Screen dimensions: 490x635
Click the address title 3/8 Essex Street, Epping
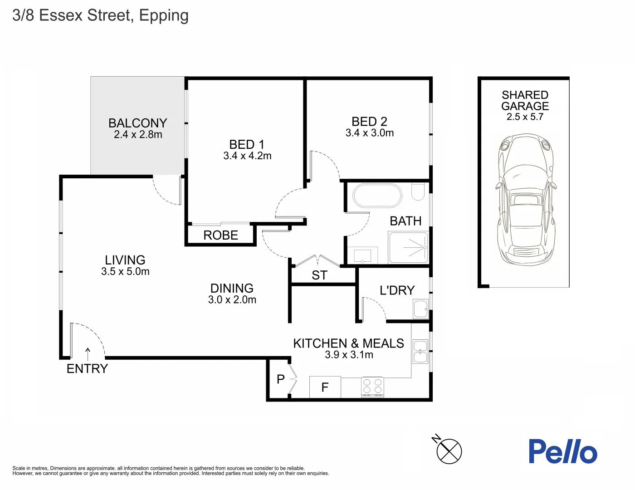(100, 15)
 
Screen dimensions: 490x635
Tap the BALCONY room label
(137, 123)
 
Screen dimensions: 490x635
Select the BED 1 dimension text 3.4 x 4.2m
(247, 156)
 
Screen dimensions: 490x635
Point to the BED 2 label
(369, 122)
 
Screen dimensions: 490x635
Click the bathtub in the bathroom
(377, 196)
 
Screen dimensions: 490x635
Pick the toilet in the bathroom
(418, 191)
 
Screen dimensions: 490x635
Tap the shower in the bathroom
(408, 247)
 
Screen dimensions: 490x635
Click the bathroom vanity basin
(362, 255)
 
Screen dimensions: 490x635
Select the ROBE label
(220, 235)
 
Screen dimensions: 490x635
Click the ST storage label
(319, 275)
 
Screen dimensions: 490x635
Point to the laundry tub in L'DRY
(420, 309)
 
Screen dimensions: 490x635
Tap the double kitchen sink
(420, 352)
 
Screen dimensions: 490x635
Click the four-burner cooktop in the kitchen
(372, 387)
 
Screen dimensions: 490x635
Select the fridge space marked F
(325, 387)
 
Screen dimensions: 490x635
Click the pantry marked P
(280, 379)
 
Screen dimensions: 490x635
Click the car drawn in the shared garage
(525, 200)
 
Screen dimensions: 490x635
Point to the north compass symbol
(449, 451)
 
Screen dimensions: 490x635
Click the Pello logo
(563, 451)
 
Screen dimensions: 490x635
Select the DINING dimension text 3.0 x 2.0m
(232, 300)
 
